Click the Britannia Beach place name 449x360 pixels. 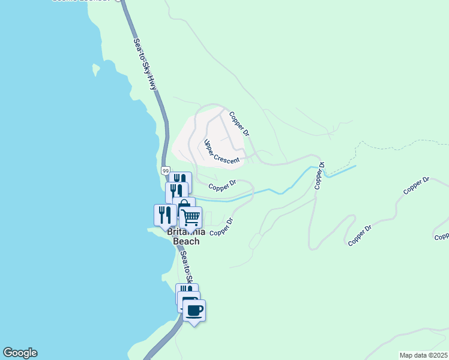click(186, 236)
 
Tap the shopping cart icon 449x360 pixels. click(190, 217)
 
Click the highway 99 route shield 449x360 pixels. click(166, 171)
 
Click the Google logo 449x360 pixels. click(20, 353)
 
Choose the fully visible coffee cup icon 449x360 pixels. click(194, 310)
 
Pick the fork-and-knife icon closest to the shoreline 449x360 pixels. click(164, 215)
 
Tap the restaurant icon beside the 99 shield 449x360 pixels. click(179, 180)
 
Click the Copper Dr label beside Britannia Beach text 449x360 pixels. click(221, 227)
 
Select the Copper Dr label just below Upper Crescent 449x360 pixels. click(222, 186)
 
